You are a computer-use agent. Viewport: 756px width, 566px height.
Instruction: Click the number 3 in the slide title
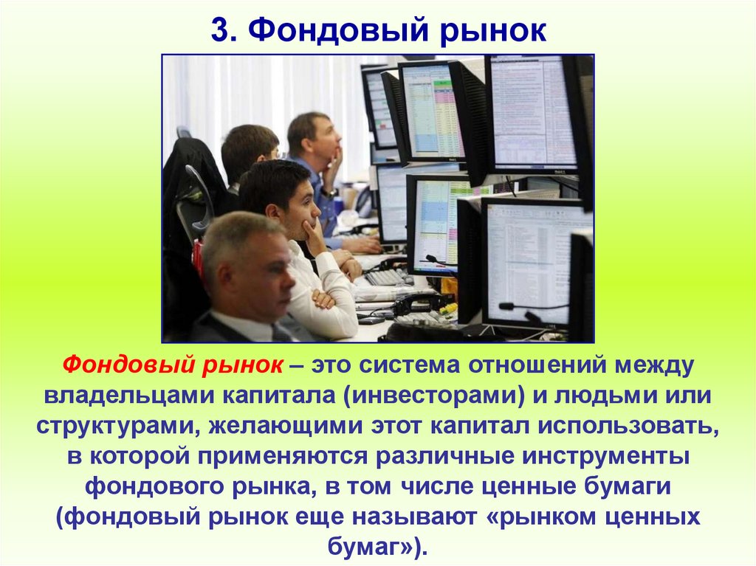tap(219, 30)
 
